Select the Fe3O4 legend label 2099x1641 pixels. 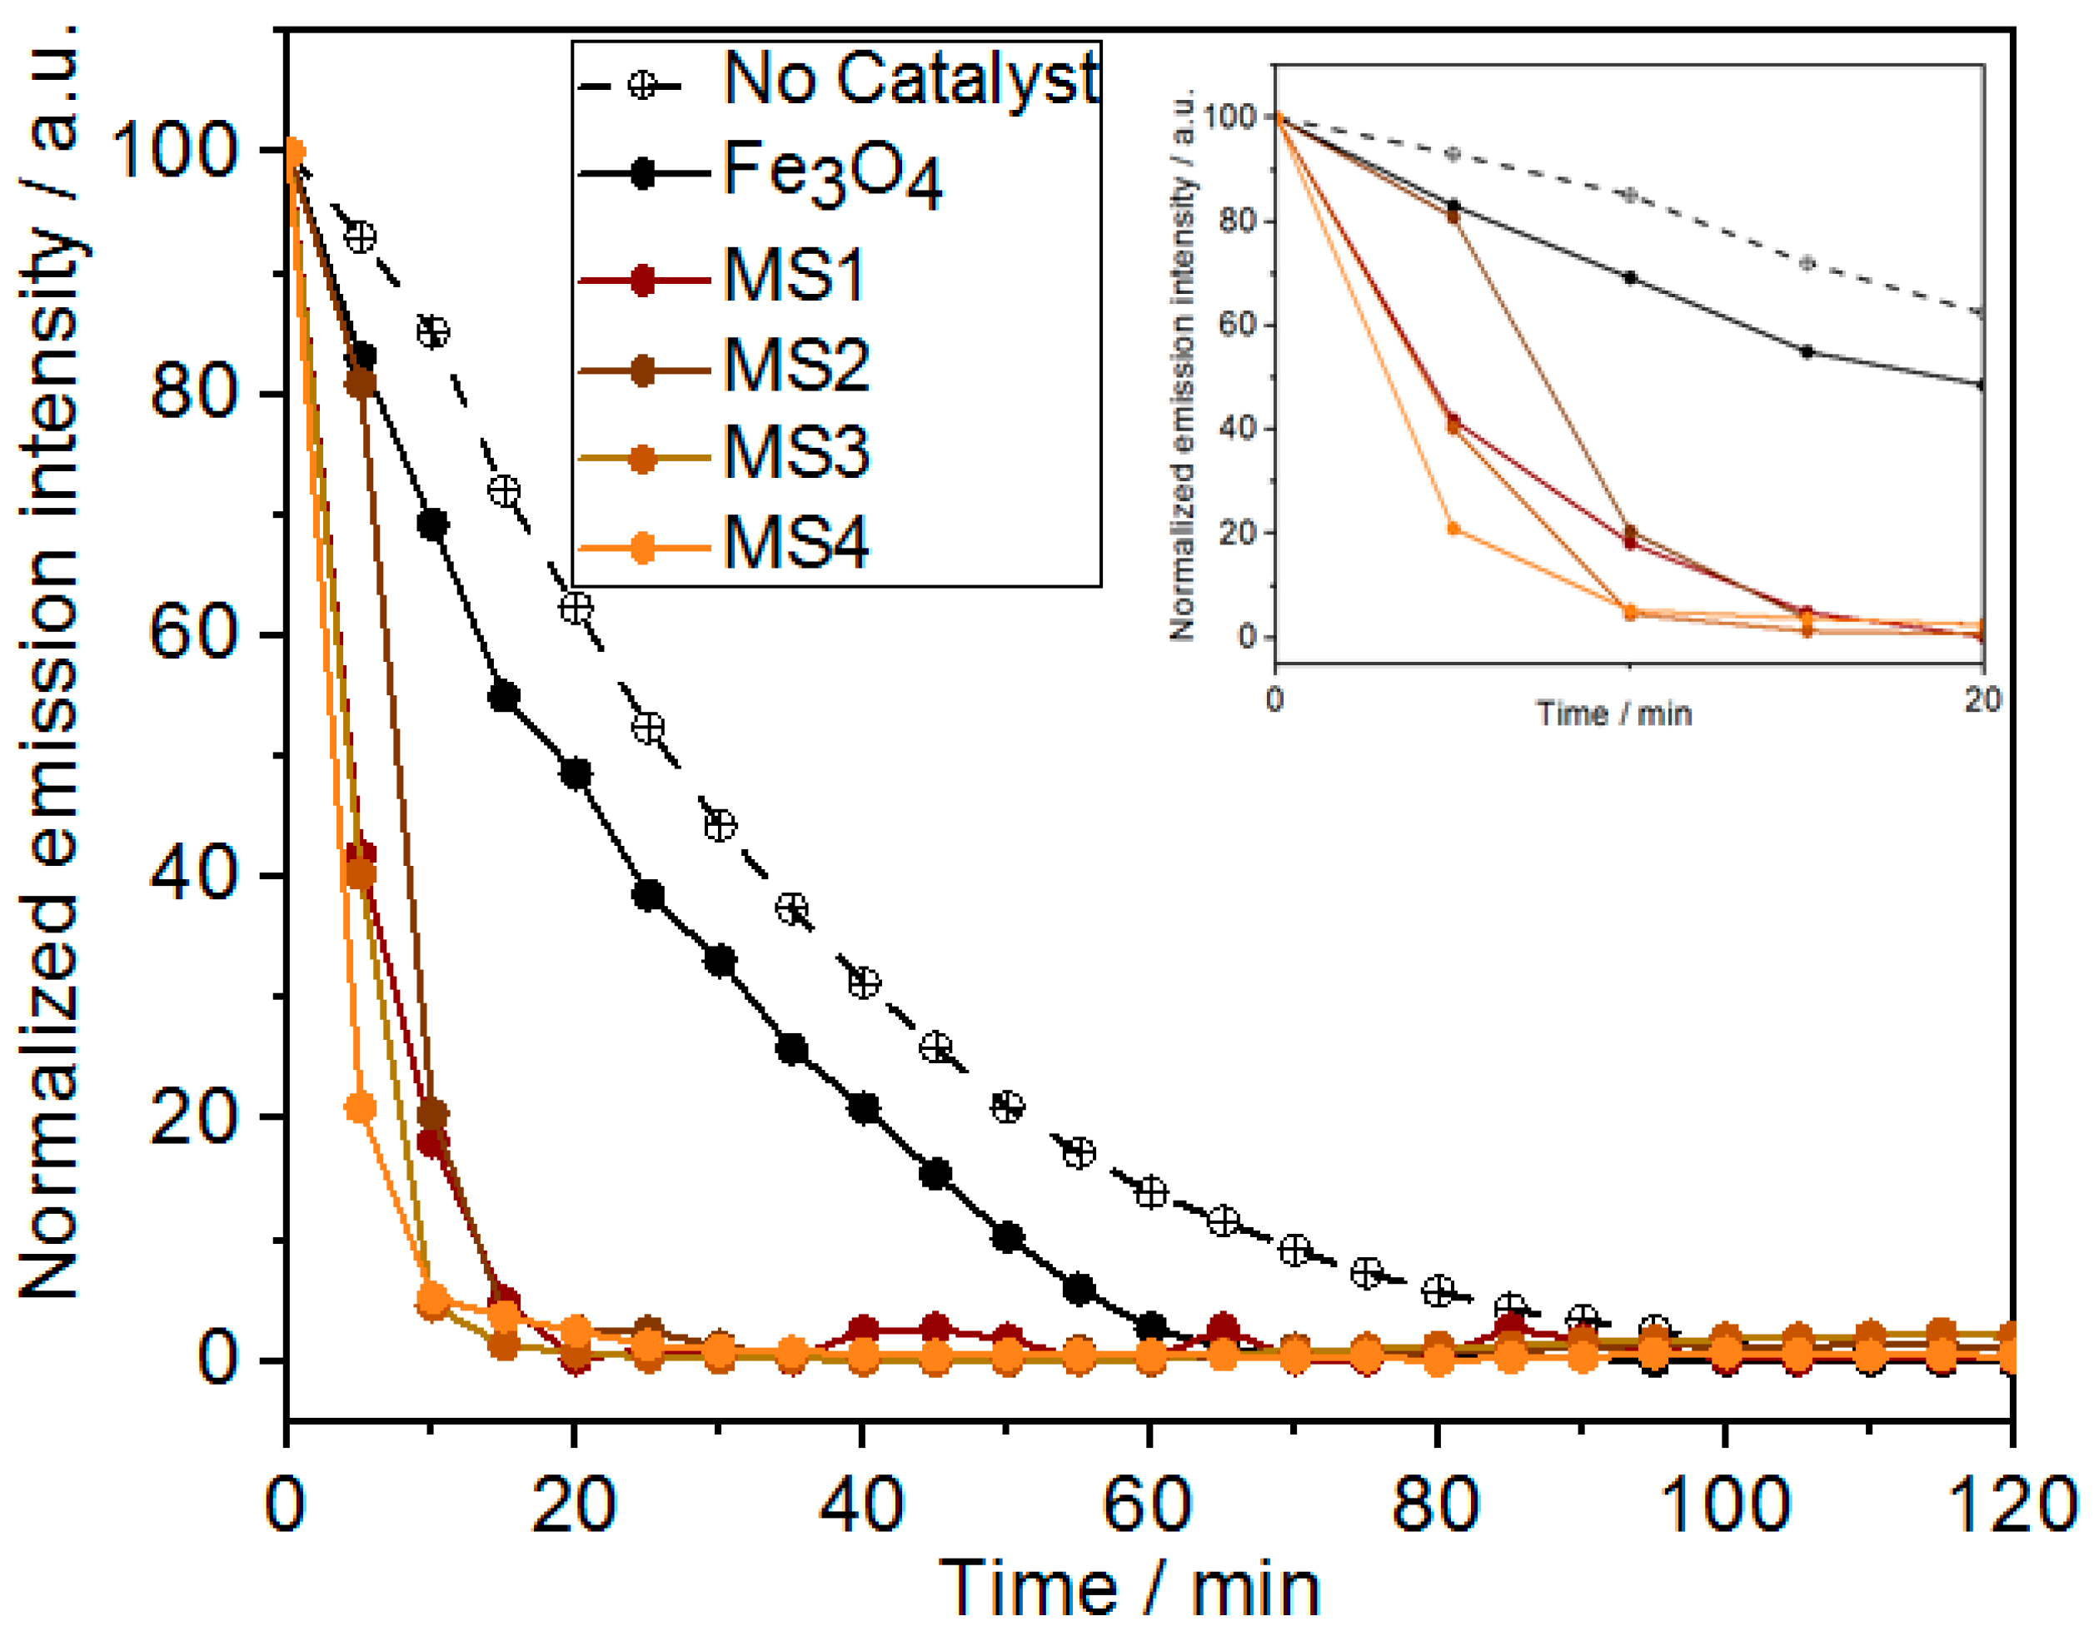832,173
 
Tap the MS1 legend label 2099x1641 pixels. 794,276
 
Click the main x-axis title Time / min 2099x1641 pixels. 1129,1589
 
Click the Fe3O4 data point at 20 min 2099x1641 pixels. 576,773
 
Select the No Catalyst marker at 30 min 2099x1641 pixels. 720,825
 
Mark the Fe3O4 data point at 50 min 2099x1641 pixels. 1007,1236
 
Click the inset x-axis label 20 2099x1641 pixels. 1982,699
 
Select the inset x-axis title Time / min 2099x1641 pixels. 1613,714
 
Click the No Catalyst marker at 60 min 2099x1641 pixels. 1150,1192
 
